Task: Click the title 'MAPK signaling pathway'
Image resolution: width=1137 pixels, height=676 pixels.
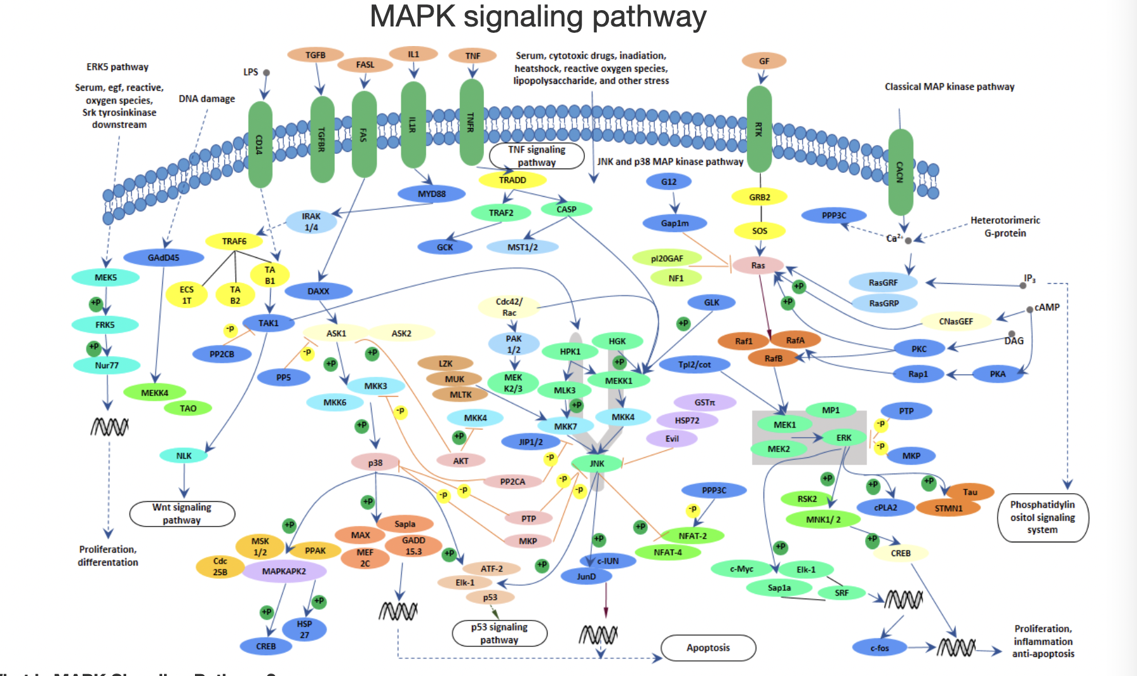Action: point(538,16)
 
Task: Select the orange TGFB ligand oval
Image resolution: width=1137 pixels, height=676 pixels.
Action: point(315,55)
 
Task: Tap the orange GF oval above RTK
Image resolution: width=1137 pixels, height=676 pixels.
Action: point(763,61)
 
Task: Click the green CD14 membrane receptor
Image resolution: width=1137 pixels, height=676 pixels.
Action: point(260,145)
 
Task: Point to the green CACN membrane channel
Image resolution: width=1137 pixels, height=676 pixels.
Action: point(900,172)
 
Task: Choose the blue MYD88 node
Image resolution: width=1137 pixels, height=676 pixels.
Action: point(432,194)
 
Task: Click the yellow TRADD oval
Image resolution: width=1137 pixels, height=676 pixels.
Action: point(512,180)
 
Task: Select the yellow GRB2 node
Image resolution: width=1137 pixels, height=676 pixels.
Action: point(760,197)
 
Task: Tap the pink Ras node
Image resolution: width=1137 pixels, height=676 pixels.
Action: point(758,265)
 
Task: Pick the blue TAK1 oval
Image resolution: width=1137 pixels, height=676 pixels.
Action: point(268,323)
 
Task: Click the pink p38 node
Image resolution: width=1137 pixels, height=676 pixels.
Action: point(375,462)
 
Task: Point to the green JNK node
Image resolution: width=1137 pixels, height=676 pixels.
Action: point(597,463)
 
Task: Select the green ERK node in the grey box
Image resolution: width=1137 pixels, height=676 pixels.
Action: point(844,438)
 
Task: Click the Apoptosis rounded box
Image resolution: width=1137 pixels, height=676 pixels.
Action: point(708,648)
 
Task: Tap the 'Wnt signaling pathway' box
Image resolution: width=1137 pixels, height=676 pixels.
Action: point(182,514)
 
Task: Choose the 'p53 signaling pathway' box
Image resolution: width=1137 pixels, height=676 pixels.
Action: point(499,634)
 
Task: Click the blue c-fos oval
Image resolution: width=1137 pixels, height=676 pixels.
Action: point(880,648)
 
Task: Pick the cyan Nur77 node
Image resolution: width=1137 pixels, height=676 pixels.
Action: point(107,365)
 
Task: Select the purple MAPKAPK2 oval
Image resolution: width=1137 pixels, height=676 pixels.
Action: point(284,571)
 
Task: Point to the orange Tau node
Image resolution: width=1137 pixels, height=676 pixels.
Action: point(970,492)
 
